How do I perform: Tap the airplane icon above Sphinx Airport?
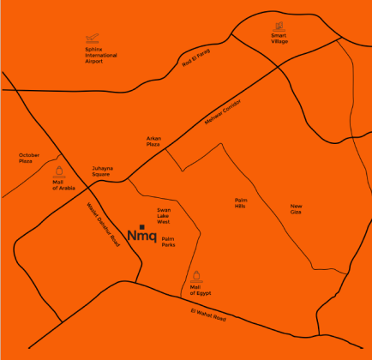93,39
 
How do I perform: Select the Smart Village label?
279,39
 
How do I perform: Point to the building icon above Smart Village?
279,26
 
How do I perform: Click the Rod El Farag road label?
196,60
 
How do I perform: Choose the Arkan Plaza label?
153,142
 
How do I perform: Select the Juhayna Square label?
103,171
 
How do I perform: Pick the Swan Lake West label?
163,215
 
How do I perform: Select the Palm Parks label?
168,242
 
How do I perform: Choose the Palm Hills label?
241,203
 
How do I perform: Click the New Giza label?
297,208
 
